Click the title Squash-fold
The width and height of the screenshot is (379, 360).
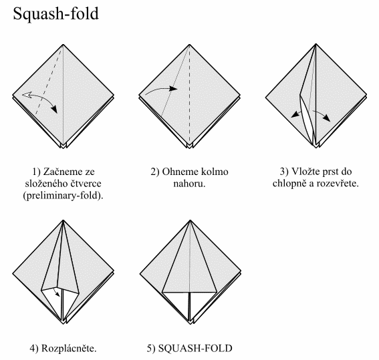tap(56, 13)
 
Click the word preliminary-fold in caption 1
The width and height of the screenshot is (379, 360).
tap(63, 196)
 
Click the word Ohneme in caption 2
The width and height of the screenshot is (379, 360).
tap(179, 172)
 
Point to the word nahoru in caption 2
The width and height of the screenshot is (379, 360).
tap(188, 184)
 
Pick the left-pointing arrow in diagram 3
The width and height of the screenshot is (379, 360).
tap(295, 114)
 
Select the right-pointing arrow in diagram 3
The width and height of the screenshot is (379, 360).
tap(322, 114)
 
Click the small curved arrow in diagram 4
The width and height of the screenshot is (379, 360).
tap(57, 292)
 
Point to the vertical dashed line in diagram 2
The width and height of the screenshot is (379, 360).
tap(190, 95)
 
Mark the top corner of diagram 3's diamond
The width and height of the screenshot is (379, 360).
tap(316, 44)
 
